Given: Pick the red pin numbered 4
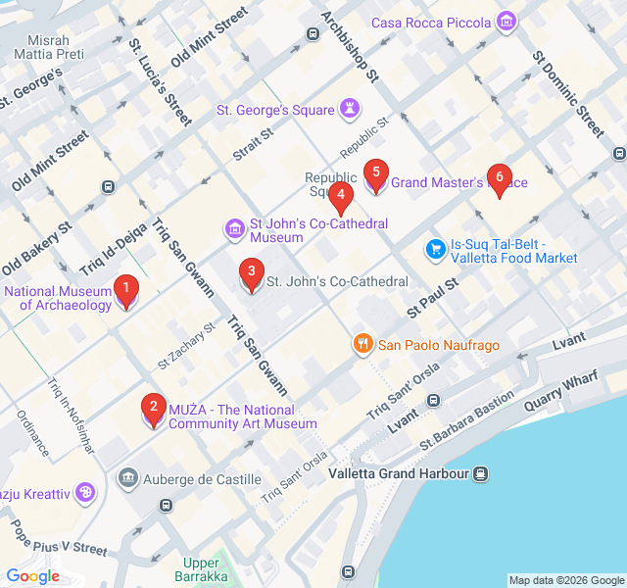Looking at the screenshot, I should (340, 197).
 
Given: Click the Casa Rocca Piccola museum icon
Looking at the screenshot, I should (506, 21).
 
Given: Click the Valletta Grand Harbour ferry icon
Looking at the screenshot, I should (481, 473).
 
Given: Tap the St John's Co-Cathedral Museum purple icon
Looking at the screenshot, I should (234, 230).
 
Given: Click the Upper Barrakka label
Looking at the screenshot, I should (202, 569).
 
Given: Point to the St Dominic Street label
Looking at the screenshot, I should (569, 93).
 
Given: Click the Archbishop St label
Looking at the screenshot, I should (349, 45).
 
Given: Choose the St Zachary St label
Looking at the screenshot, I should (186, 342).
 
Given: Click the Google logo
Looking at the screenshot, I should (32, 576).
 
